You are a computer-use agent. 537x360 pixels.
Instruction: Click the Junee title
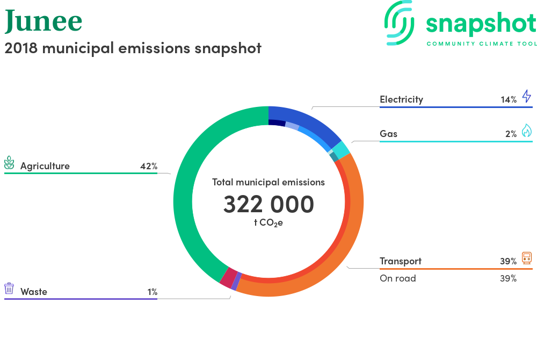click(43, 21)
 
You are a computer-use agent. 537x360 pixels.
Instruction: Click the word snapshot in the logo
click(481, 24)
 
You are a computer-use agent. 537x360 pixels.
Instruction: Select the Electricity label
click(401, 99)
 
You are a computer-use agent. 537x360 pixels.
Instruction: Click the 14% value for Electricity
click(508, 99)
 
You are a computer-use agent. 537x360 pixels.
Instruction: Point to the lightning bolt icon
click(526, 97)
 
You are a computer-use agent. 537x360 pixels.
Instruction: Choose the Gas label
click(388, 134)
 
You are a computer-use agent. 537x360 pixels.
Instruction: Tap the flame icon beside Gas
click(526, 131)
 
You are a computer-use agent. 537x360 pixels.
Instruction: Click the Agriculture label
click(45, 166)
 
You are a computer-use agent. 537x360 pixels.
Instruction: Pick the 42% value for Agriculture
click(149, 166)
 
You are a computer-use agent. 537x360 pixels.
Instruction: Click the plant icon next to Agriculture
click(9, 163)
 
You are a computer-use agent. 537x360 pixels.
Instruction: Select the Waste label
click(34, 292)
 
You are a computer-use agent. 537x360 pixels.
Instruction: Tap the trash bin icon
click(9, 289)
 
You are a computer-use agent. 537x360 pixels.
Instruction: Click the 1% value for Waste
click(153, 292)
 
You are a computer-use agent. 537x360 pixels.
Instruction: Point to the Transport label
click(401, 261)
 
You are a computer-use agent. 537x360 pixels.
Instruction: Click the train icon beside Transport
click(526, 258)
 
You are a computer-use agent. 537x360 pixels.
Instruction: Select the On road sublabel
click(398, 278)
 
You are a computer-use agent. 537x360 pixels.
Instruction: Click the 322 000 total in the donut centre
click(268, 205)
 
